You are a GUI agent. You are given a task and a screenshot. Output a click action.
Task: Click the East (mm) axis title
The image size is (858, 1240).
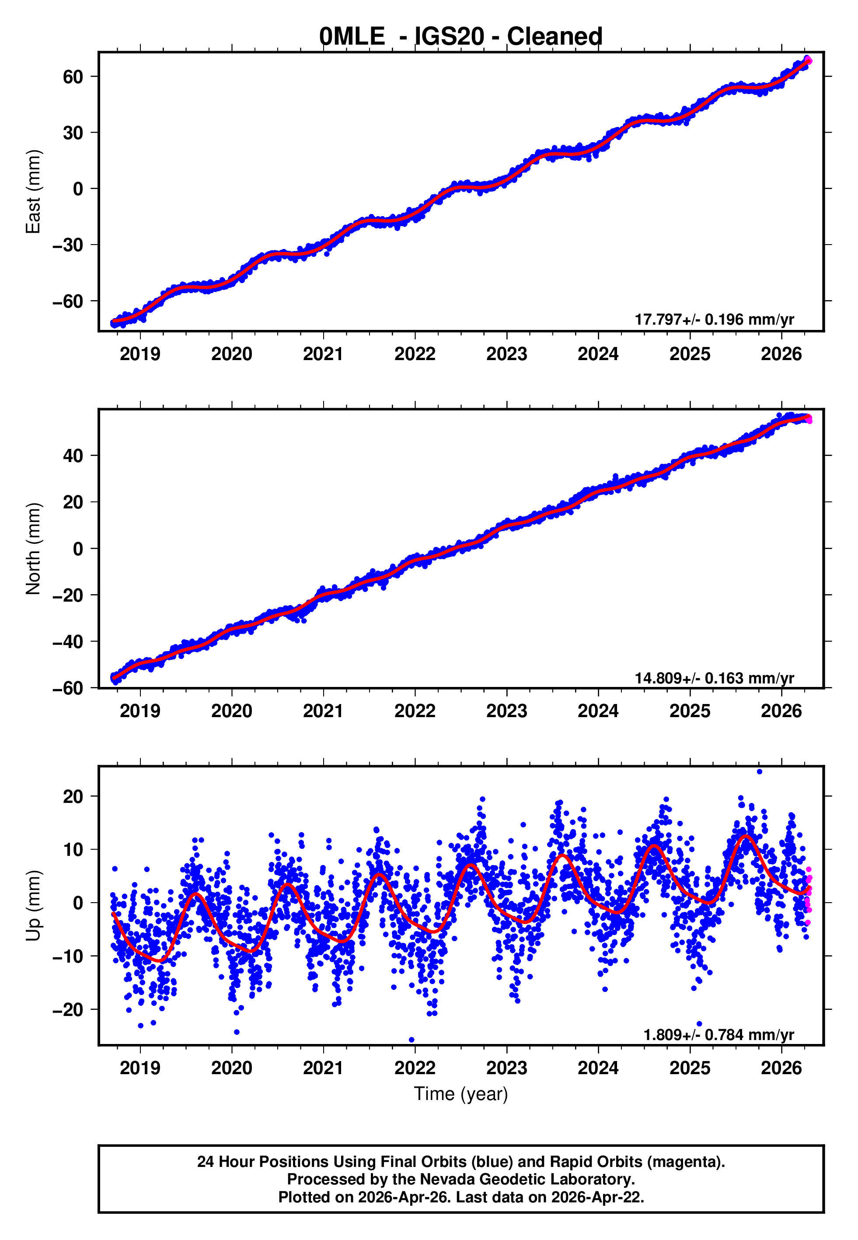(x=33, y=192)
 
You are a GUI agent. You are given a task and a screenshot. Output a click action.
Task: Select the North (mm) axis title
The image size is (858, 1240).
(x=33, y=549)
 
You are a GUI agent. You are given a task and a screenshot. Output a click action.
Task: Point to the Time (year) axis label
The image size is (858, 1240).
(x=461, y=1094)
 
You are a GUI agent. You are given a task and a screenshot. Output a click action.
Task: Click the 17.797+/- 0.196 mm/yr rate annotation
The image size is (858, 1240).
(x=714, y=319)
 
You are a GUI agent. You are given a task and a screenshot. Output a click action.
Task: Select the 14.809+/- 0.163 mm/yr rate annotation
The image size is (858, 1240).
(x=714, y=678)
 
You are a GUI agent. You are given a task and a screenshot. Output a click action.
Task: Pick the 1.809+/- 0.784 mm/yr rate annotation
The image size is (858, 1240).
(x=718, y=1035)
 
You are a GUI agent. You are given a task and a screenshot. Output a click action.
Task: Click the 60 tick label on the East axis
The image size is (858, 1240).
(x=73, y=77)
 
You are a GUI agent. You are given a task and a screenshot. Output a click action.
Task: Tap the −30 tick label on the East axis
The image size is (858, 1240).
(x=68, y=245)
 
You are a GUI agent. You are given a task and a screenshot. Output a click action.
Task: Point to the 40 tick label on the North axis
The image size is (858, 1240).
(x=73, y=455)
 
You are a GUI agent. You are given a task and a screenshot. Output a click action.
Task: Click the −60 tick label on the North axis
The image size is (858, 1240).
(x=68, y=688)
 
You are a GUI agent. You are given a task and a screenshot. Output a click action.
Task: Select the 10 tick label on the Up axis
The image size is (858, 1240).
(x=73, y=850)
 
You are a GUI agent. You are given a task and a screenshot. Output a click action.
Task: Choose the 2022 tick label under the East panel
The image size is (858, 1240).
(x=415, y=354)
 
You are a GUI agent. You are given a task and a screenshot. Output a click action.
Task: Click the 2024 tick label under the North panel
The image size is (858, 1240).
(x=598, y=711)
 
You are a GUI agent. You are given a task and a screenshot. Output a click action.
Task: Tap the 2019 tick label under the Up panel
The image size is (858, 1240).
(x=140, y=1068)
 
